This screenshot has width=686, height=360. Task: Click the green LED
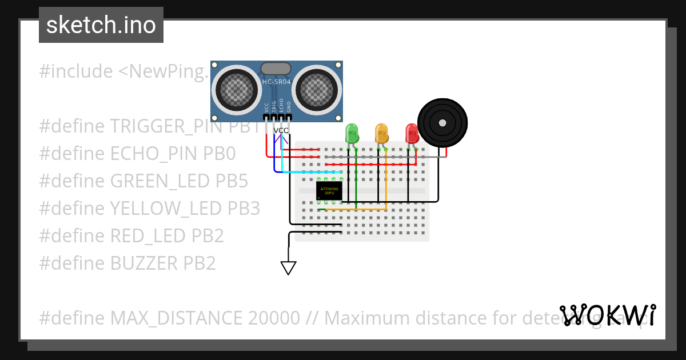[352, 134]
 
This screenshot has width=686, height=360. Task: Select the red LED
[412, 134]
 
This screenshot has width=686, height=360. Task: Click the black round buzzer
[442, 122]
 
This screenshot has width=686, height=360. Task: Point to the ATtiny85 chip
[329, 191]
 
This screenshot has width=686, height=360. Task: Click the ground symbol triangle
[288, 267]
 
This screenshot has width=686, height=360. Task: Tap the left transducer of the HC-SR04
[233, 89]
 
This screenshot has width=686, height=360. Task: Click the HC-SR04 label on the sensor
[277, 82]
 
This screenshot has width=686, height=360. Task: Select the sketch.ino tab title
[101, 25]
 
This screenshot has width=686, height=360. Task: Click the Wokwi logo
[608, 315]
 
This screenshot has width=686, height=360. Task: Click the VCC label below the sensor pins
[281, 131]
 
